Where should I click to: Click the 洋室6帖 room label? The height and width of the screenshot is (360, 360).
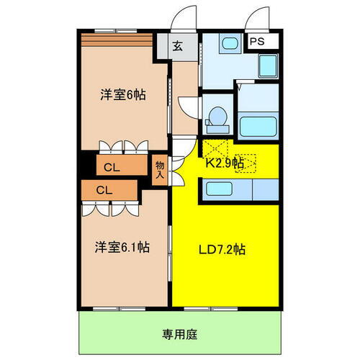[x=118, y=95]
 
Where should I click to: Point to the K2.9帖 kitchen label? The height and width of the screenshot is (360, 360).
[x=224, y=163]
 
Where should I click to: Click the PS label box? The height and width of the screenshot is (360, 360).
[x=257, y=42]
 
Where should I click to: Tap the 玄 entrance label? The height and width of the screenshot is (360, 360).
[x=177, y=47]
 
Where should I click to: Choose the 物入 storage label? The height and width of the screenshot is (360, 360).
[x=160, y=170]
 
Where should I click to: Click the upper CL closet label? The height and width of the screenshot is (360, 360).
[x=112, y=168]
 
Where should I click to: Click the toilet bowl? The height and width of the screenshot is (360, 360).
[x=217, y=117]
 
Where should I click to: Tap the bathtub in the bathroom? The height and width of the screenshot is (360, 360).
[x=257, y=127]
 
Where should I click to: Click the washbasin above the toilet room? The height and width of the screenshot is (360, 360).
[x=230, y=44]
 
